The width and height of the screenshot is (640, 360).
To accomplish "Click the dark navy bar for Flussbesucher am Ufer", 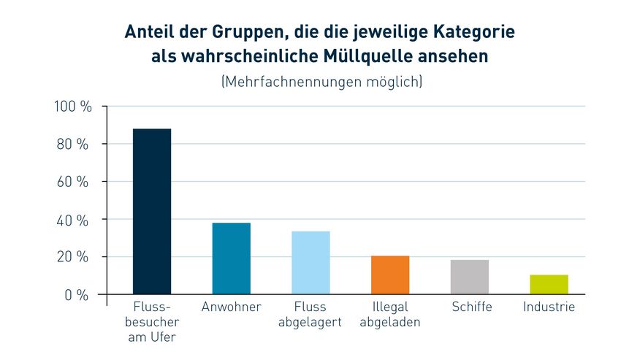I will tap(152, 212).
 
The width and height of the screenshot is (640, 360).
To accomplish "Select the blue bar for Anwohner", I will tap(231, 258).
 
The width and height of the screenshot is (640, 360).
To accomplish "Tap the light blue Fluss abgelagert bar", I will tap(311, 263).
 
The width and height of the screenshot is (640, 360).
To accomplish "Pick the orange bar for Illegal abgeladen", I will tap(390, 275).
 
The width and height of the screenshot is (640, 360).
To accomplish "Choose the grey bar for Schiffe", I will tap(470, 277).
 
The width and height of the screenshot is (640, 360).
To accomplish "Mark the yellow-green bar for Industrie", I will tap(549, 285).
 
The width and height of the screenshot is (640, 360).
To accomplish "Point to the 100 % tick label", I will tap(73, 107).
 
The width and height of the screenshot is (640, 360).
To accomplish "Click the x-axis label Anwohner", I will tap(231, 307).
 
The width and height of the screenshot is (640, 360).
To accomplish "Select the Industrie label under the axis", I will tap(549, 307).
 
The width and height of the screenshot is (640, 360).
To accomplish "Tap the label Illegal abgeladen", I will tap(390, 315).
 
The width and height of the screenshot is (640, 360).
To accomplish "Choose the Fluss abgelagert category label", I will tap(311, 315).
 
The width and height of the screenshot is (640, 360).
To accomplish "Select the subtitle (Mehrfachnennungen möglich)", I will tap(321, 82).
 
